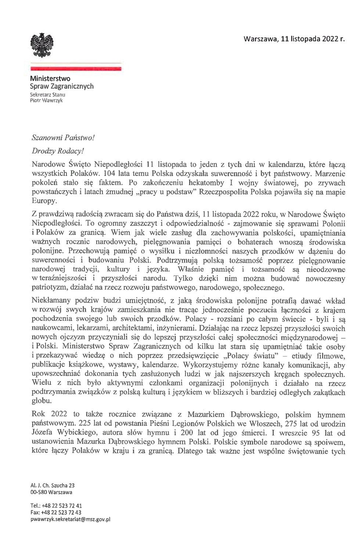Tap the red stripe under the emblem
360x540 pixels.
pyautogui.click(x=76, y=69)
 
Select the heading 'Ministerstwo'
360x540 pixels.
pyautogui.click(x=50, y=79)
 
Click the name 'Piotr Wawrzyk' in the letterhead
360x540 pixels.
pyautogui.click(x=46, y=100)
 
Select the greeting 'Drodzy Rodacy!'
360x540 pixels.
pyautogui.click(x=54, y=151)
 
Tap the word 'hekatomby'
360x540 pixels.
pyautogui.click(x=202, y=182)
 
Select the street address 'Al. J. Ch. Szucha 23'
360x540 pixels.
pyautogui.click(x=53, y=485)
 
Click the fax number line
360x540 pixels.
pyautogui.click(x=56, y=512)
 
